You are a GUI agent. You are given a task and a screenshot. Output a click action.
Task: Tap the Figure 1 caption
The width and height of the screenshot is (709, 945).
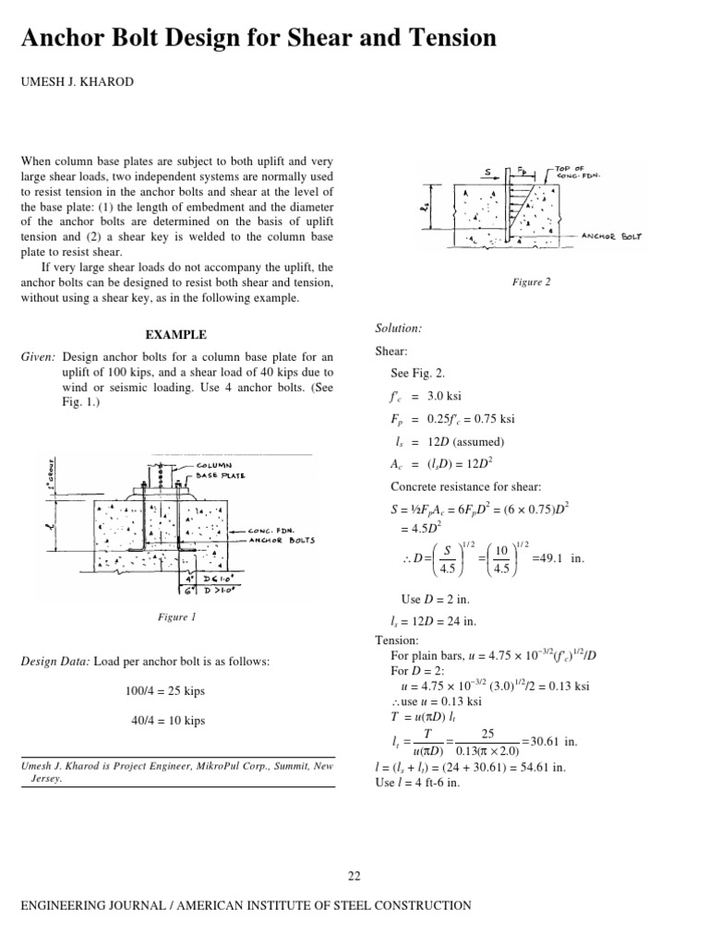tap(175, 616)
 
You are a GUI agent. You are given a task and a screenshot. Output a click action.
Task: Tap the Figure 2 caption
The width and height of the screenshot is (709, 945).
tap(532, 282)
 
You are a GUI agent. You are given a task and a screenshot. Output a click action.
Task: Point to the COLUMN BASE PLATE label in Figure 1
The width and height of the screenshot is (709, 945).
tap(218, 470)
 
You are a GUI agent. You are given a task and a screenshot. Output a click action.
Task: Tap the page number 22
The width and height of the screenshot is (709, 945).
tap(354, 876)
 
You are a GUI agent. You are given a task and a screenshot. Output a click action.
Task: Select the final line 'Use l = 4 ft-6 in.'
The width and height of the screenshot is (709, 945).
tap(416, 783)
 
